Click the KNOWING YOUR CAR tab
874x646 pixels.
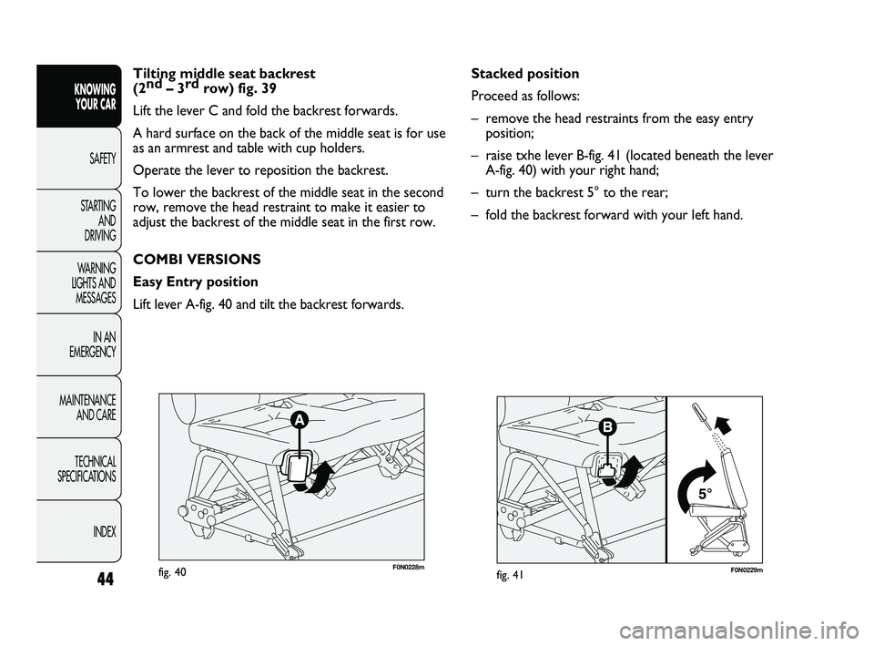click(91, 95)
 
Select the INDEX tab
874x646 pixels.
click(100, 531)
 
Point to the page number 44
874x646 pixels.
click(91, 583)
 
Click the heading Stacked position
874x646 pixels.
click(524, 74)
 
